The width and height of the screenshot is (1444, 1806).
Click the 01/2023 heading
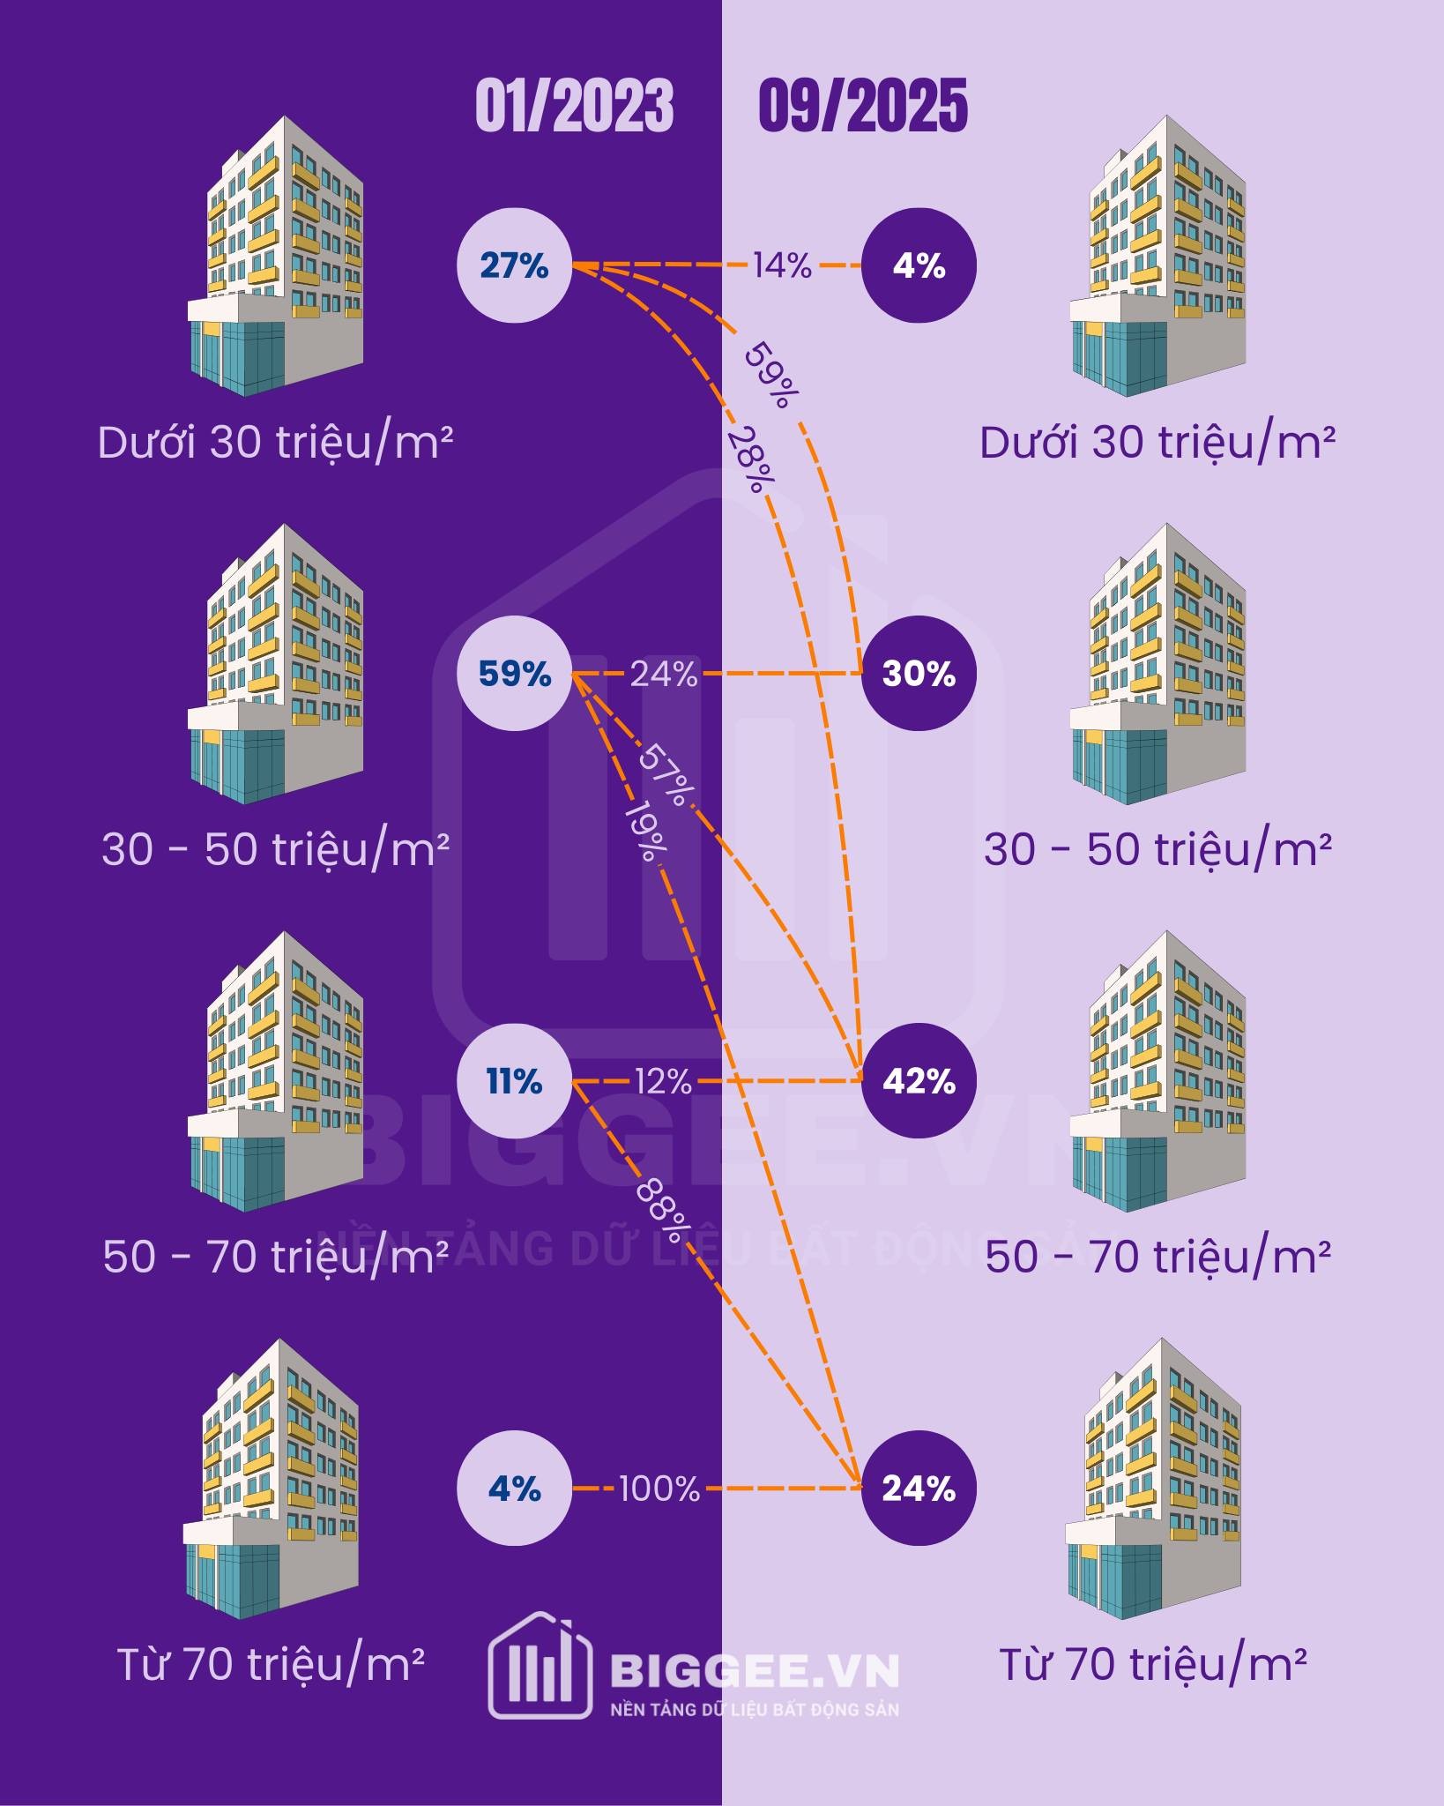point(574,106)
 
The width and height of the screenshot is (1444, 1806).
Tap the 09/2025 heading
point(862,106)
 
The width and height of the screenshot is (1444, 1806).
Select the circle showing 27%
point(514,265)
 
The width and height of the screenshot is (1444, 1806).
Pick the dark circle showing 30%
point(919,674)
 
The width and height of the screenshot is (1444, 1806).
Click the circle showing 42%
point(919,1081)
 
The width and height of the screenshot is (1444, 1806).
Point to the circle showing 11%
point(514,1081)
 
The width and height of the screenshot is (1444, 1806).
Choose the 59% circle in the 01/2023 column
point(514,674)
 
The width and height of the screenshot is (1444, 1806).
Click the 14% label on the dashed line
point(781,265)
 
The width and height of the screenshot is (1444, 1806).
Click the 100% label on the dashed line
point(659,1489)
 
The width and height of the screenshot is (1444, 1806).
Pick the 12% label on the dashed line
point(662,1081)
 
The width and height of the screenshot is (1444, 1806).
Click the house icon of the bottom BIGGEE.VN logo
point(540,1665)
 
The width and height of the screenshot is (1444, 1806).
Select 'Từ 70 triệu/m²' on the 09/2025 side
point(1152,1665)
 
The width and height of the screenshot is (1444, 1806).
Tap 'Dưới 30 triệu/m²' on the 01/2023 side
point(275,443)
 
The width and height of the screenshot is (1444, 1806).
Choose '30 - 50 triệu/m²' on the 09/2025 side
point(1157,849)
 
